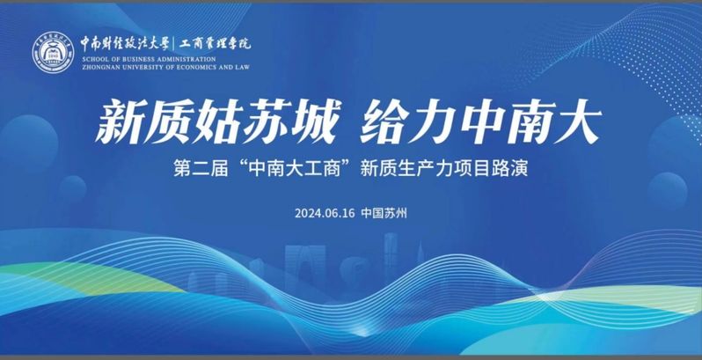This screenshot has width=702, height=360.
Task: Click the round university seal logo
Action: pos(53,53)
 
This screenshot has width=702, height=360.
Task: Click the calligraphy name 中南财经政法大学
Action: pos(125,44)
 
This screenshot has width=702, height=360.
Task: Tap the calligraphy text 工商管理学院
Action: pos(216,44)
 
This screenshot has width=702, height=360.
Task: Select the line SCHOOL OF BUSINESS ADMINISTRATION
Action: pos(149,59)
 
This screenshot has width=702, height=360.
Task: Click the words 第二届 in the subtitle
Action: pos(201,170)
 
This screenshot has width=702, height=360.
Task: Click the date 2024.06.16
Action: pos(325,213)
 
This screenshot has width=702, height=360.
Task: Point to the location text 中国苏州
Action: pos(384,213)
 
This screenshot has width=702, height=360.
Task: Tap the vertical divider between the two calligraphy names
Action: pos(174,44)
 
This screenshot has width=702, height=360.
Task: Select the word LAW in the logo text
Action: pos(242,67)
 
